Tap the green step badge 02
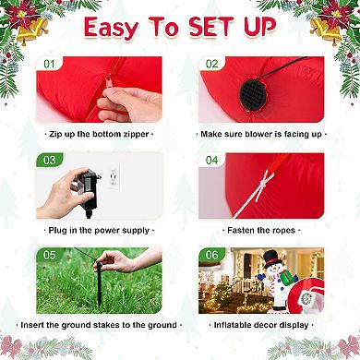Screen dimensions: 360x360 (212, 65)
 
